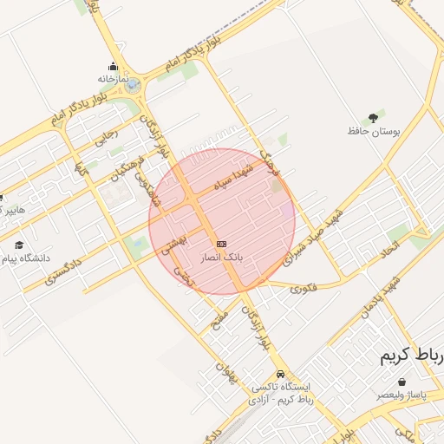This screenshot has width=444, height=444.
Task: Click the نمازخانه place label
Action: [x=112, y=78]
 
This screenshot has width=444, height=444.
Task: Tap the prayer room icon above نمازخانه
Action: [x=113, y=66]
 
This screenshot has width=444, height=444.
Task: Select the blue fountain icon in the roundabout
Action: [x=132, y=85]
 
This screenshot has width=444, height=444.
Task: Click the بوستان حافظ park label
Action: [x=374, y=131]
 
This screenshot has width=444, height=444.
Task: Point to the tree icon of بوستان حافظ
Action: [x=374, y=117]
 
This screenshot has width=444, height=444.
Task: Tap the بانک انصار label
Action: [x=223, y=258]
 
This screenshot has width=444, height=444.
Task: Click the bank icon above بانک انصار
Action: [x=223, y=244]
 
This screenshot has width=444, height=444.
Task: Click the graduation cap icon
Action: [x=19, y=245]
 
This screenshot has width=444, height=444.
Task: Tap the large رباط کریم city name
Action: [x=412, y=357]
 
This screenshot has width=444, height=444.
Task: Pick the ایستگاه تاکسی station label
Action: [x=285, y=388]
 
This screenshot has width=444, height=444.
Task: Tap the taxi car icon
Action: [x=278, y=375]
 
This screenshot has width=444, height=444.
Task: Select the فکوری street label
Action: [x=304, y=286]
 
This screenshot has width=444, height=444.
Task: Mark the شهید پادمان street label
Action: [x=380, y=297]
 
